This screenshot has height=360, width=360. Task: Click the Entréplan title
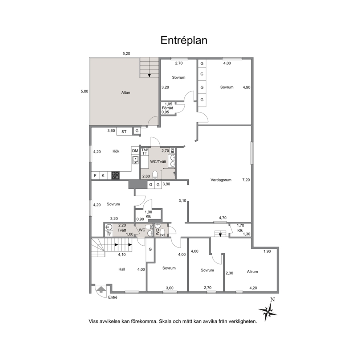click(x=184, y=40)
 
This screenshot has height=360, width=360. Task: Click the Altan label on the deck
click(x=126, y=93)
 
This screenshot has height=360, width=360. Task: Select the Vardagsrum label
click(x=221, y=180)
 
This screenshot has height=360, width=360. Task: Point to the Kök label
click(x=116, y=151)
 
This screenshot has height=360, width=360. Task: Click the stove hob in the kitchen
click(x=115, y=176)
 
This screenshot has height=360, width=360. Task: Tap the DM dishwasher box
click(x=135, y=151)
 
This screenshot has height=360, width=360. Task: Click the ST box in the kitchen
click(x=124, y=132)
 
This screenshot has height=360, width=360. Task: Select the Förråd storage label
click(x=168, y=108)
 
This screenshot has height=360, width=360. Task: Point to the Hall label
click(x=122, y=269)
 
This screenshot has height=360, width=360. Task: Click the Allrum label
click(x=252, y=271)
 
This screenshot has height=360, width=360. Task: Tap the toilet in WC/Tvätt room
click(x=155, y=175)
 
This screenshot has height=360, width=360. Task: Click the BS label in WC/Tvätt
click(x=172, y=151)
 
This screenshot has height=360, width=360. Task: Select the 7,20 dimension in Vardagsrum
click(x=246, y=180)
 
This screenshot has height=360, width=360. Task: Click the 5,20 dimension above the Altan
click(x=126, y=54)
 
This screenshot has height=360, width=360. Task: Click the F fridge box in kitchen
click(x=95, y=176)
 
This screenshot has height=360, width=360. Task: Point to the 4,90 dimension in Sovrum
click(x=246, y=87)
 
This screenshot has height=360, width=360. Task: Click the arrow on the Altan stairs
click(x=150, y=75)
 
